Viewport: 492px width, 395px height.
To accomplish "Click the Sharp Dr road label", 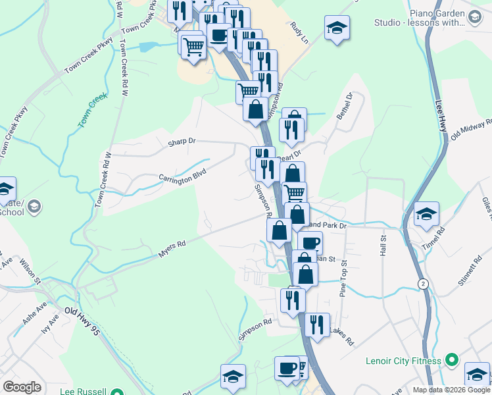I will pyautogui.click(x=183, y=141).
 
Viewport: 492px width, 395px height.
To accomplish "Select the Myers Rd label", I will pyautogui.click(x=172, y=248).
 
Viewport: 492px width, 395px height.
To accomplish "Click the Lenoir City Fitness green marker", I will pyautogui.click(x=451, y=360).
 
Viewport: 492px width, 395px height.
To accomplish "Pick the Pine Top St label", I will pyautogui.click(x=343, y=281).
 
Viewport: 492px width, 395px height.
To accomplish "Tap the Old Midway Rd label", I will pyautogui.click(x=471, y=130).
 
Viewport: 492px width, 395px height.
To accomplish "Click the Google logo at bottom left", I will pyautogui.click(x=22, y=387).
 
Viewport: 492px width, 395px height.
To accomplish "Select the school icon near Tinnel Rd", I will pyautogui.click(x=426, y=215).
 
